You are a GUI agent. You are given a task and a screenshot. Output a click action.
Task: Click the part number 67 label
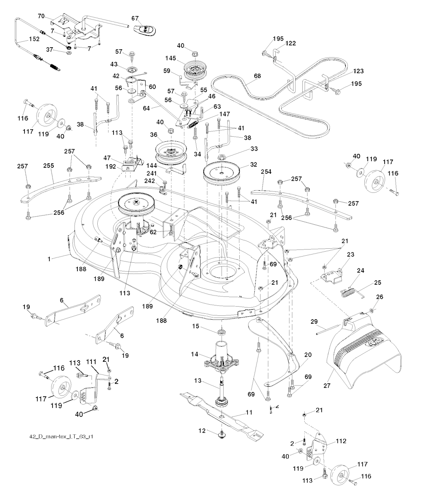pos(135,18)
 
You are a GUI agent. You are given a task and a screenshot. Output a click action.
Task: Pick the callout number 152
pos(34,39)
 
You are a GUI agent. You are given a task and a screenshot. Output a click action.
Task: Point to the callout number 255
pos(49,165)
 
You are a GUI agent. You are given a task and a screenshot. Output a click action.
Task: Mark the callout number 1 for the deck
pos(49,259)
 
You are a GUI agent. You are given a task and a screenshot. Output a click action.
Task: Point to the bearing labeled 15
pos(222,332)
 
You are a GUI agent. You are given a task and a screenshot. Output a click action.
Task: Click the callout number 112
pos(341,441)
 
